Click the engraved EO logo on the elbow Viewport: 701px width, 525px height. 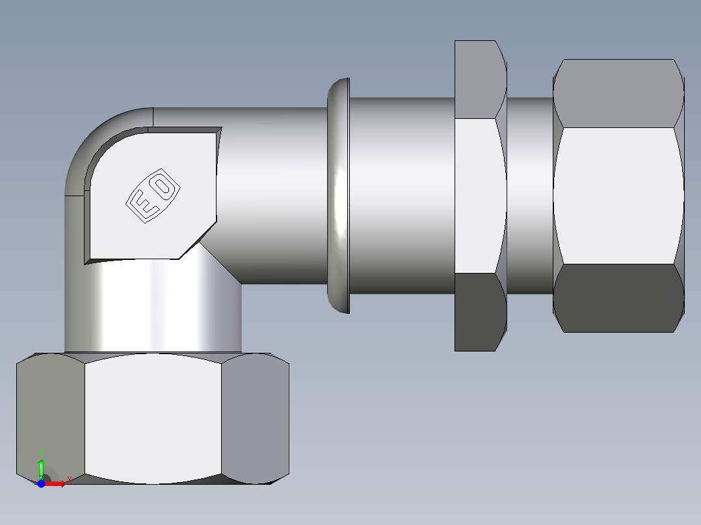click(x=153, y=196)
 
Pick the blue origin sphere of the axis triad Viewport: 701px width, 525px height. click(x=41, y=483)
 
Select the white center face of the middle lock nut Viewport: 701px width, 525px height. click(x=480, y=195)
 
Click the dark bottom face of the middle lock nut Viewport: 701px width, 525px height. click(x=480, y=312)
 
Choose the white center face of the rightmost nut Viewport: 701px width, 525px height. click(x=618, y=195)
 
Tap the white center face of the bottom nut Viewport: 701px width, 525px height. click(x=153, y=419)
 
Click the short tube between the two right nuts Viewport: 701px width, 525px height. click(x=529, y=195)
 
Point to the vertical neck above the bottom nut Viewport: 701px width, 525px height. click(x=153, y=305)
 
